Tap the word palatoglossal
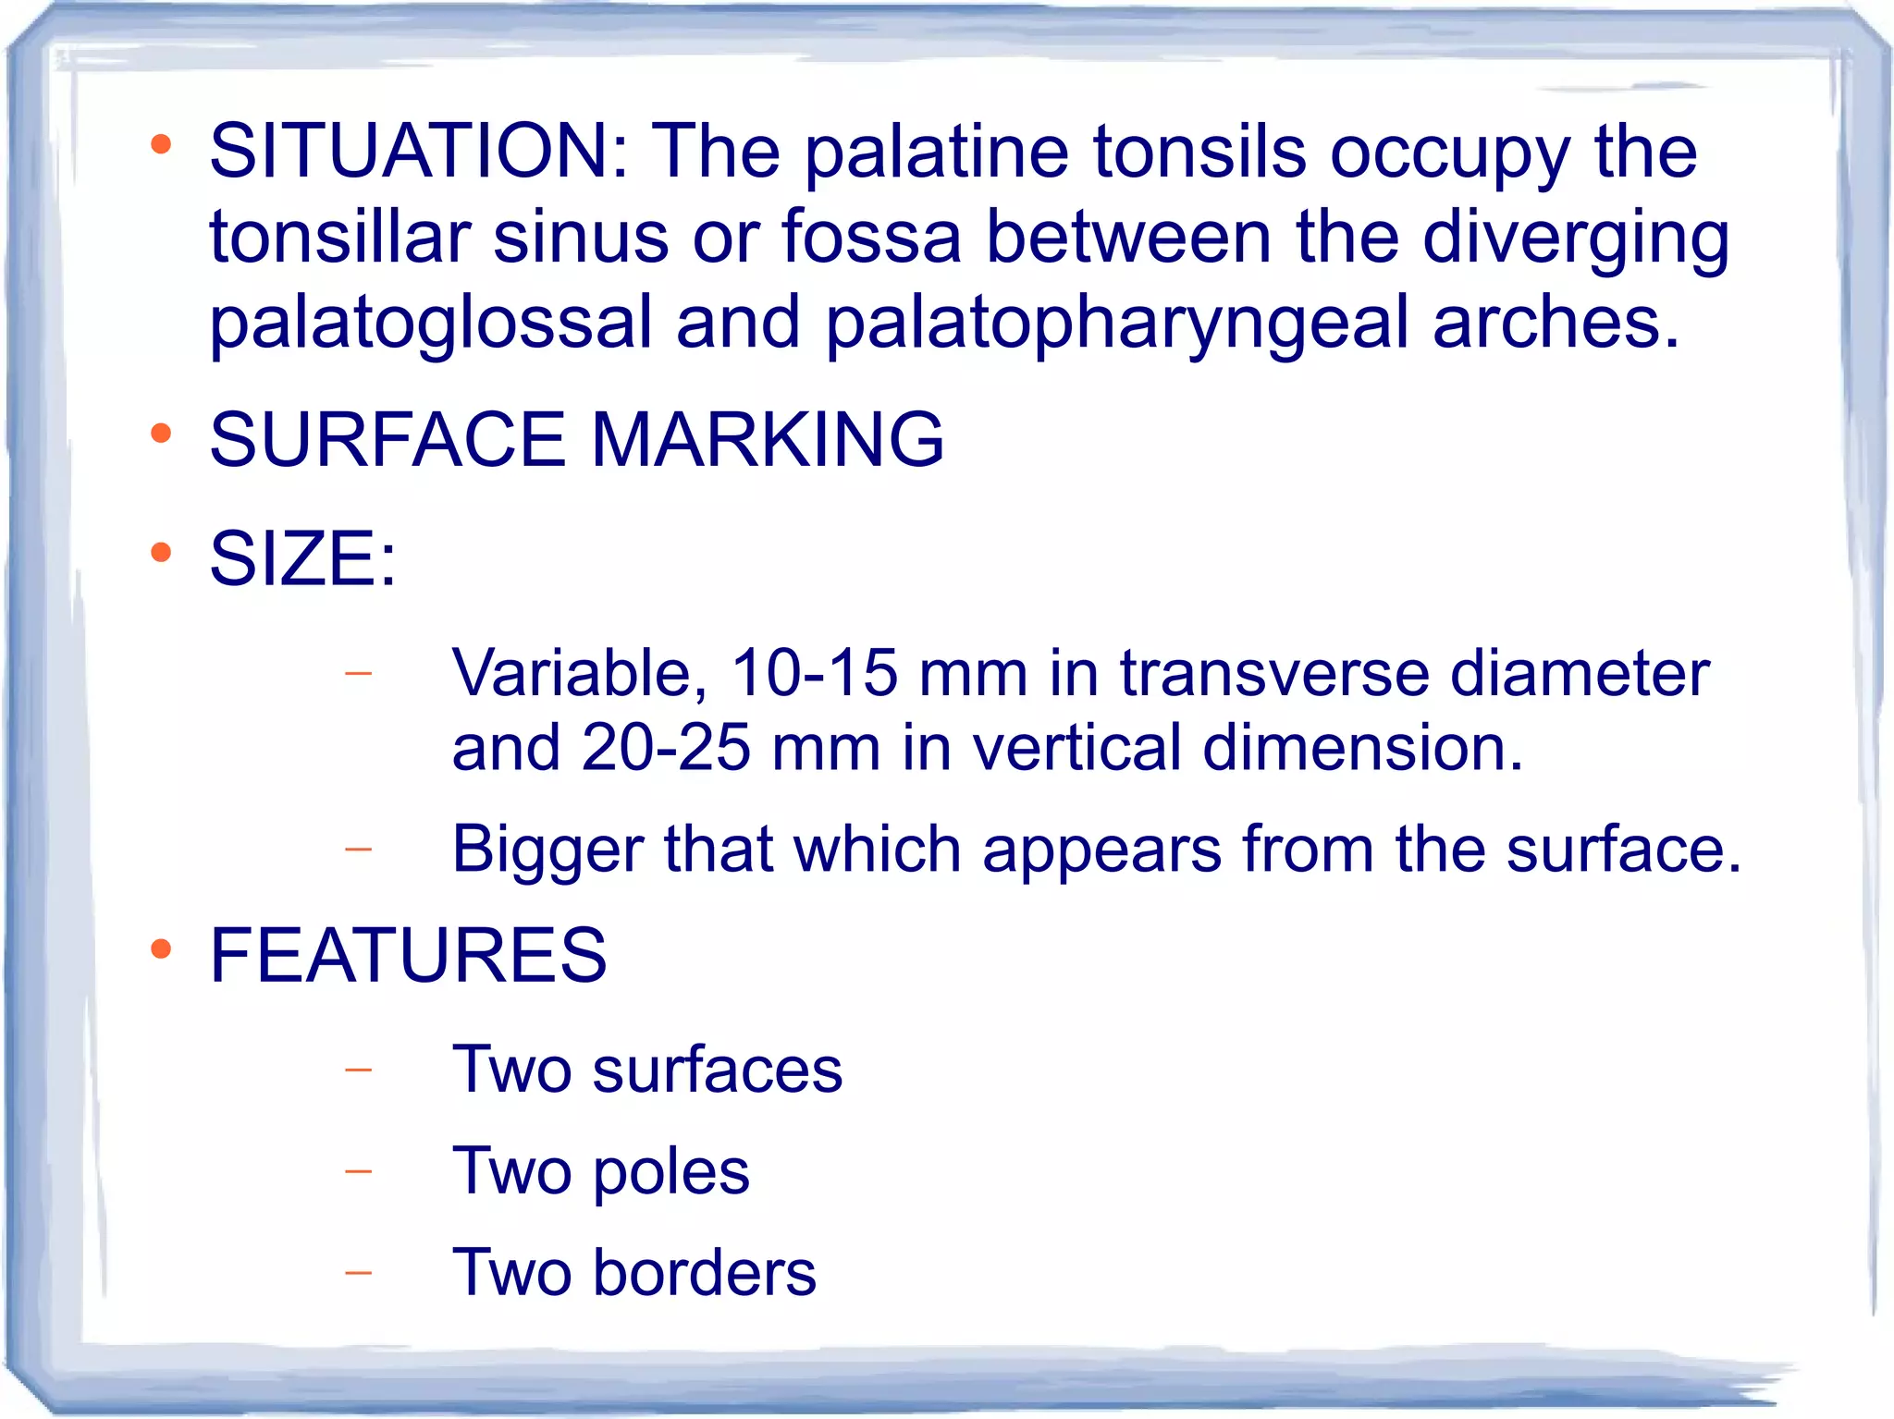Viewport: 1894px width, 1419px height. [431, 324]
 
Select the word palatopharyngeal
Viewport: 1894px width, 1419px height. [1117, 324]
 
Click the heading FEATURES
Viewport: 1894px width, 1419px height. [408, 954]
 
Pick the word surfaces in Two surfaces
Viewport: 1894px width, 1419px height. [718, 1070]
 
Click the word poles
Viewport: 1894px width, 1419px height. [670, 1171]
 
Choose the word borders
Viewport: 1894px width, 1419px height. [705, 1273]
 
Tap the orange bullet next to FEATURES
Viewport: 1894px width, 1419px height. [162, 948]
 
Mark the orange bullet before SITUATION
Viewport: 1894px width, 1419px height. [162, 144]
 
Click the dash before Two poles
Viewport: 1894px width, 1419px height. [358, 1171]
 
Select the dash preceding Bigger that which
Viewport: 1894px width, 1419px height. [358, 848]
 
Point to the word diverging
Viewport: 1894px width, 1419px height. [1576, 238]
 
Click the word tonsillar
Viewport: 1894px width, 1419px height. [340, 238]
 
